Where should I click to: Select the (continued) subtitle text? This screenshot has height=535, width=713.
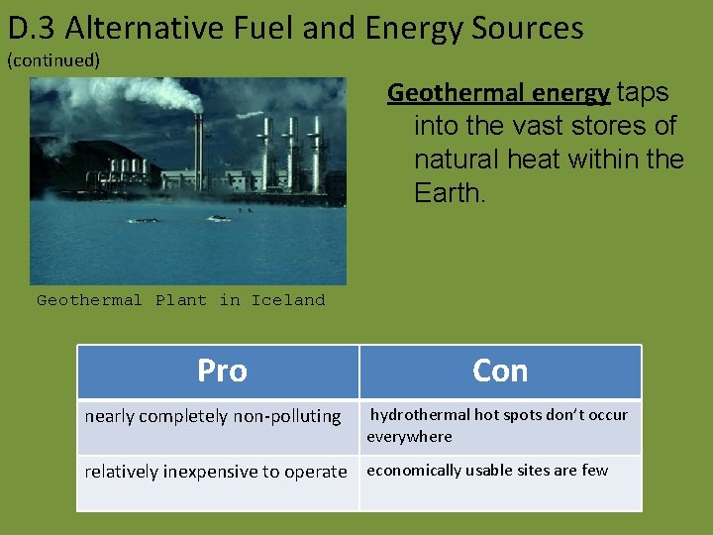click(x=53, y=60)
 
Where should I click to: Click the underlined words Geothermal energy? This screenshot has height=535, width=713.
click(x=498, y=93)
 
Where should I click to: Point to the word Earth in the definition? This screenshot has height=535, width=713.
click(x=447, y=193)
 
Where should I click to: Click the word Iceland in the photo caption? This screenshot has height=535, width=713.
click(x=287, y=300)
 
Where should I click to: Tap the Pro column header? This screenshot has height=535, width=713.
click(x=222, y=371)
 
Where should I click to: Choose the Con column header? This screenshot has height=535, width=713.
click(x=500, y=371)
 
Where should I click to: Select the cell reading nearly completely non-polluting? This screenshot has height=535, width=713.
click(x=213, y=416)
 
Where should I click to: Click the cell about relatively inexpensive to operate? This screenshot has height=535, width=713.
click(x=216, y=472)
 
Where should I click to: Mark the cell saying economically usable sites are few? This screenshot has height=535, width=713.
click(x=487, y=471)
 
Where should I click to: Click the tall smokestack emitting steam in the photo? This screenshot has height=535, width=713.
click(x=198, y=149)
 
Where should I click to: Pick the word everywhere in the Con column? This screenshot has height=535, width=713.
click(x=409, y=437)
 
